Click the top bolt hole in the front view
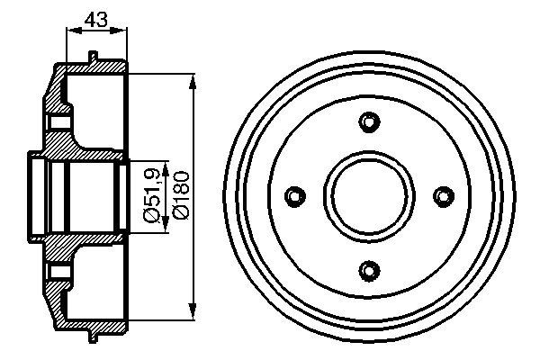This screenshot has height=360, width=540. pos(368,122)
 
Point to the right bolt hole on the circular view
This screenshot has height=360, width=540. pos(441,195)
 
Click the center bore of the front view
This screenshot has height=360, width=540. pos(368,195)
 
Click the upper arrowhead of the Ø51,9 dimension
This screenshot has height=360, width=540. pos(165,166)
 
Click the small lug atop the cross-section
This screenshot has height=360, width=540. pos(93,58)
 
